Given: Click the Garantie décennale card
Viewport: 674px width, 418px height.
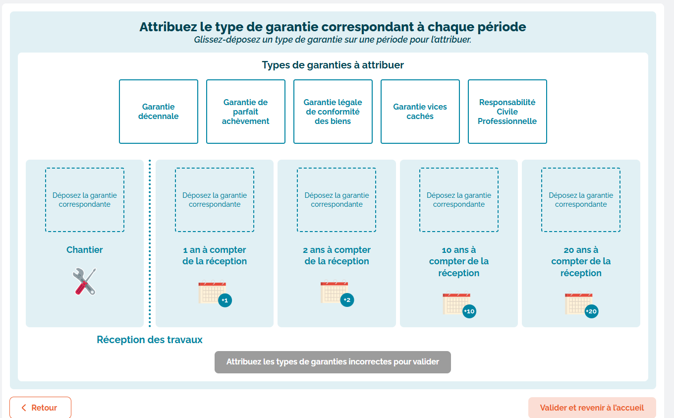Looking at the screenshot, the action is (159, 112).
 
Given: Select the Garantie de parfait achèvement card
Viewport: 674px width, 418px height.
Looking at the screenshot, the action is (245, 112).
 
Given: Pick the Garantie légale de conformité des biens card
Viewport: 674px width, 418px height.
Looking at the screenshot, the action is (333, 112).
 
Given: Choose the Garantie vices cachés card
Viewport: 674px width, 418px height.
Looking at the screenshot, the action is (420, 112).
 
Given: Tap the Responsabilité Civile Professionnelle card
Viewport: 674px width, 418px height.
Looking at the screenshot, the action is (507, 112).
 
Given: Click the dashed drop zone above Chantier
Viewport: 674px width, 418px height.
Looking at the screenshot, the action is (85, 200).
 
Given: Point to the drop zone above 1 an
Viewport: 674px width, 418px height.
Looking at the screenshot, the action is (215, 200).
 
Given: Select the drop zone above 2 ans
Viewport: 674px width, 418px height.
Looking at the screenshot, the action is (337, 200).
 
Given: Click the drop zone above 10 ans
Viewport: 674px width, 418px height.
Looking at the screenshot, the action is (459, 200).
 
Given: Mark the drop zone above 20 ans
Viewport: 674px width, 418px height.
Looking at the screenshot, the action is (581, 200).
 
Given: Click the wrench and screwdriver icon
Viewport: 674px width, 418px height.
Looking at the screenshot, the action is (84, 281).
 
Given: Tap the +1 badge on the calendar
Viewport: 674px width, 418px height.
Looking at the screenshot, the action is (225, 300).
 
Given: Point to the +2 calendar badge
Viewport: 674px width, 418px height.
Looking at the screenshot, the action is (347, 300).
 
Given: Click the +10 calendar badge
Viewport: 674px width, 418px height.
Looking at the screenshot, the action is (469, 311).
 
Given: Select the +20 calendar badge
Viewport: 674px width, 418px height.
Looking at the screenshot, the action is (591, 311).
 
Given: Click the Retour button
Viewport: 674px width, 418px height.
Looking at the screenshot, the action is (40, 408).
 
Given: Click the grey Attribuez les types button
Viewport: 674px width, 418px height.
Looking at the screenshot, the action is (333, 362).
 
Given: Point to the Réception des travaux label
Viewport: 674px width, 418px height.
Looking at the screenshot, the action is (150, 340).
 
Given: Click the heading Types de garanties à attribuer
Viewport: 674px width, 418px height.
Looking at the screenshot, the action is (333, 65).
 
